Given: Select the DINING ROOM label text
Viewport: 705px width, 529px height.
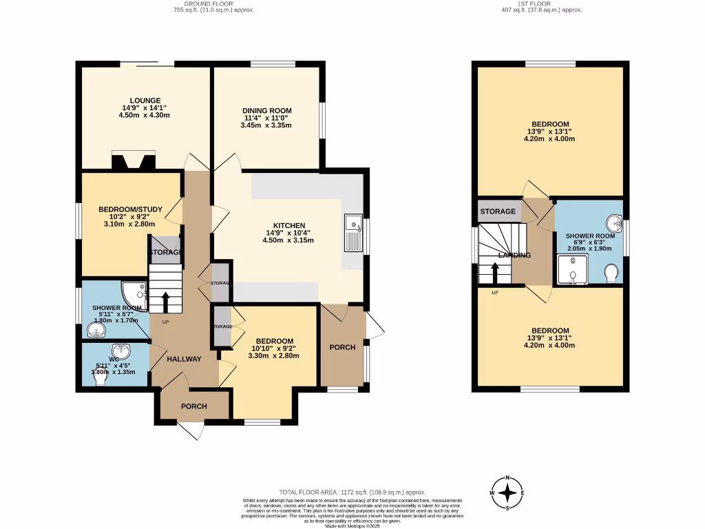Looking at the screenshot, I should (x=266, y=110).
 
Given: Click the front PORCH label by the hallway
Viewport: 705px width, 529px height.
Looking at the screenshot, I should (x=194, y=406).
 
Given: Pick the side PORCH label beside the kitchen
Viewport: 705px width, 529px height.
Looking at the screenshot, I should (x=342, y=347).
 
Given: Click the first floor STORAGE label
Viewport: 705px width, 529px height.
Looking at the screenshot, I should (x=498, y=211).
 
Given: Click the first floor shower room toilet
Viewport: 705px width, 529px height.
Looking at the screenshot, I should (x=610, y=276).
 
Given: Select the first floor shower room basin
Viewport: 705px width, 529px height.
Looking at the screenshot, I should (x=613, y=222).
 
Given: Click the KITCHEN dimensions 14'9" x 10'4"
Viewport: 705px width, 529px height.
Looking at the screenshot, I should (x=294, y=233).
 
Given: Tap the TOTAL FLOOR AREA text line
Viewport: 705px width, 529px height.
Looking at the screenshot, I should (x=352, y=492).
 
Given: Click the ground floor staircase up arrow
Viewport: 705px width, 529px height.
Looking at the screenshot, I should (x=165, y=302).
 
